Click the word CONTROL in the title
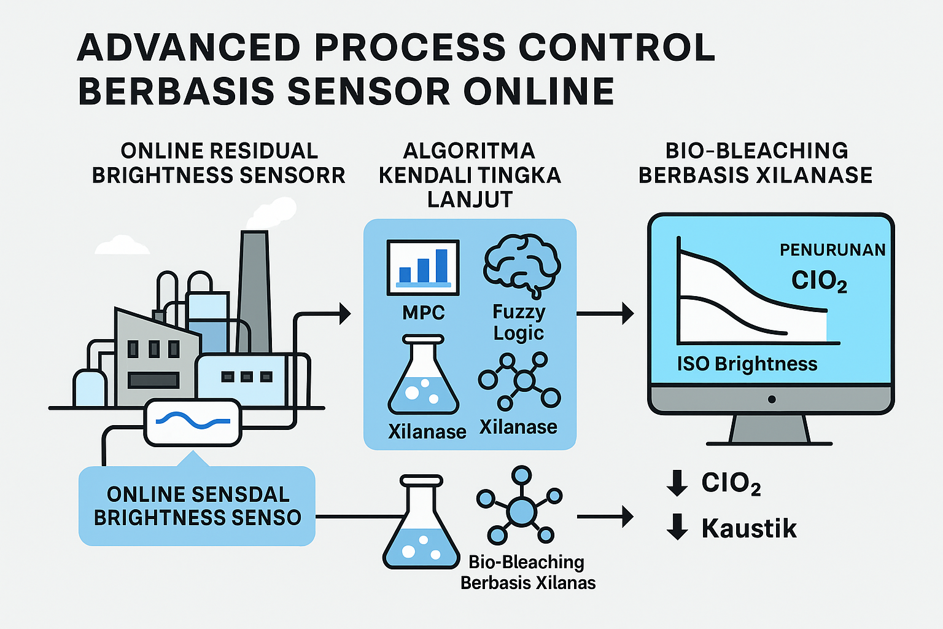[616, 47]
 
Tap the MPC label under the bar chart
[423, 313]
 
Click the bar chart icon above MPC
[423, 267]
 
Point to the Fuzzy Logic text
[519, 322]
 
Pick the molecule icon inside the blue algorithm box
[520, 381]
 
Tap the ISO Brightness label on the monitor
[747, 364]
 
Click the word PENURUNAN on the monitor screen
[832, 250]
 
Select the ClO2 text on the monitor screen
[819, 281]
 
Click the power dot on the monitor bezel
[772, 399]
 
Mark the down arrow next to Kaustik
[677, 528]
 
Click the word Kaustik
[749, 528]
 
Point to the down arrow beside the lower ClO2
[677, 483]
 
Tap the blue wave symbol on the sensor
[193, 421]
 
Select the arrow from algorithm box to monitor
[605, 313]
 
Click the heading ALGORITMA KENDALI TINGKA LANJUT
[470, 175]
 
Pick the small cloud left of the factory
[122, 246]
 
